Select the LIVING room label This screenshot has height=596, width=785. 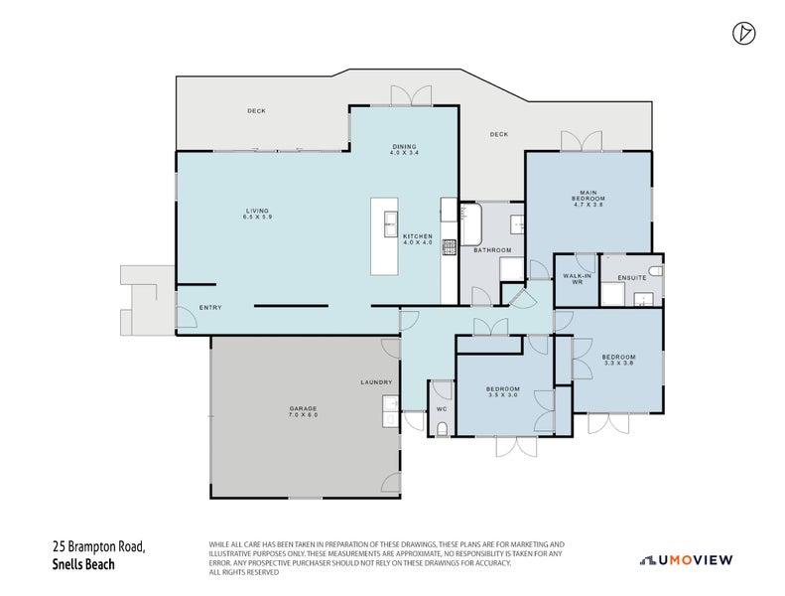pos(258,211)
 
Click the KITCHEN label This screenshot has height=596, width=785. pos(417,236)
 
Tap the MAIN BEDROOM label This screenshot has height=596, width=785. pos(588,196)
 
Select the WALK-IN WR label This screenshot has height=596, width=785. pos(578,279)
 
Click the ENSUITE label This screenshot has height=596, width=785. pos(631,277)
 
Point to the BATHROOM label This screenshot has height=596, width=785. pos(491,250)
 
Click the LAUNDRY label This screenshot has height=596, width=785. pos(376,382)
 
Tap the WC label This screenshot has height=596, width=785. pos(443,408)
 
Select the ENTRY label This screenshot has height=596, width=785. pos(210,308)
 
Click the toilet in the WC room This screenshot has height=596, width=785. pos(443,428)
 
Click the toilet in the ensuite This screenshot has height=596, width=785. pos(653,270)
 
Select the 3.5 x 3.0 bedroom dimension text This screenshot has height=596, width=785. pos(502,395)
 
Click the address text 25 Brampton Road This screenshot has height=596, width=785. pos(98,547)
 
